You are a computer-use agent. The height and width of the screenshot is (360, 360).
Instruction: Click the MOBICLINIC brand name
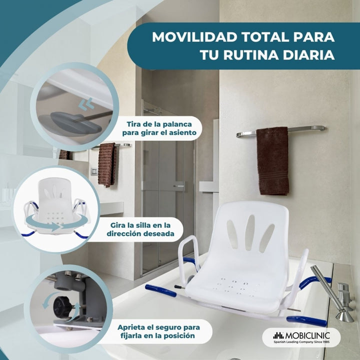(x=307, y=335)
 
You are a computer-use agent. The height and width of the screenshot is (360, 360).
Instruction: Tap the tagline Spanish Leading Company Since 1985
(x=301, y=342)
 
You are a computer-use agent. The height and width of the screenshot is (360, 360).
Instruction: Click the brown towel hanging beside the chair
(x=272, y=161)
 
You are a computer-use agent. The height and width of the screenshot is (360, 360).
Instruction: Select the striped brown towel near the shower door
(x=107, y=164)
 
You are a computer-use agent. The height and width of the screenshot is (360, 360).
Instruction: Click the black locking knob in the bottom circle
(x=62, y=306)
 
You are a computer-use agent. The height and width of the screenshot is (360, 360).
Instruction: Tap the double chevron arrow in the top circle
(x=86, y=104)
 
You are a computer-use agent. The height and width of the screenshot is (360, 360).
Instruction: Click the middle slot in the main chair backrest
(x=249, y=232)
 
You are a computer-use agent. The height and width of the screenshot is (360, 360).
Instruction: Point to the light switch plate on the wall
(x=93, y=171)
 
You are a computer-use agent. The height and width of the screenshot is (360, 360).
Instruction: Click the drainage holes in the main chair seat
(x=236, y=286)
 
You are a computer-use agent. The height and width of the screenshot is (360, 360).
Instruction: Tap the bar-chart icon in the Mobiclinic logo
(x=278, y=335)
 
